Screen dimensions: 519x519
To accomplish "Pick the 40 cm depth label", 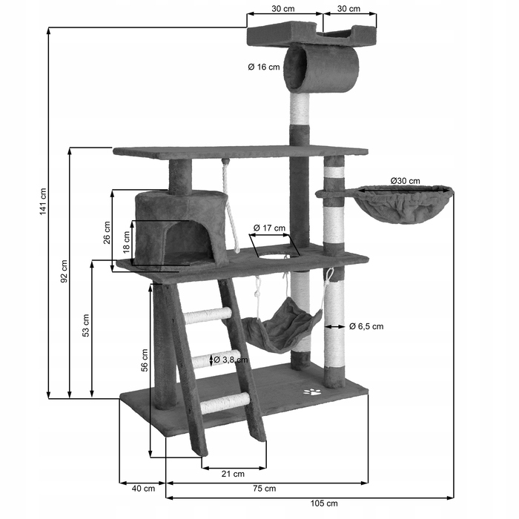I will pos(143,488).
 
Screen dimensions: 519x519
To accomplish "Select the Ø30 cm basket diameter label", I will pos(405,180).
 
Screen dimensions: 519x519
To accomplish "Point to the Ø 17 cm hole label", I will pos(268,228).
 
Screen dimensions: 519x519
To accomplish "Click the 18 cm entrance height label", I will pos(127,241).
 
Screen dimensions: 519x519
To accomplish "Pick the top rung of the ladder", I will pos(208,315).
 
